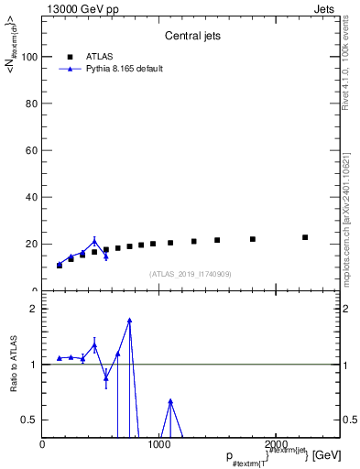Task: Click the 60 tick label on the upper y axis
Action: [x=32, y=150]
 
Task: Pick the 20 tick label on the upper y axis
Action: [x=32, y=244]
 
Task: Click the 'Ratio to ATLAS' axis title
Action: [x=14, y=364]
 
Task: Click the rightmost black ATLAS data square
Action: [x=305, y=237]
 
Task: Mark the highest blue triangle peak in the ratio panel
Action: [x=130, y=321]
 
